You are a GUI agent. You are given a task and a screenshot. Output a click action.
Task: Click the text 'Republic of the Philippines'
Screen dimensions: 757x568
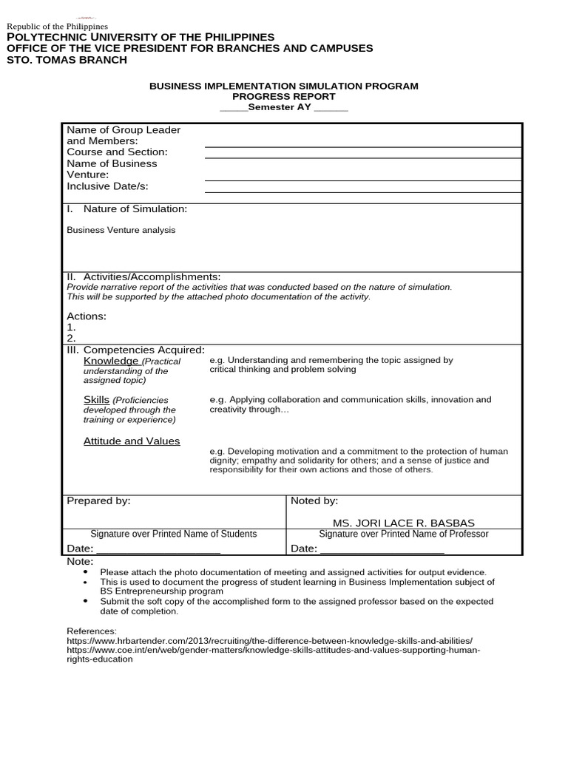click(x=57, y=27)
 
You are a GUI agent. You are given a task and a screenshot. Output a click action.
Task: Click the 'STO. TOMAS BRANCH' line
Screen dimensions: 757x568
click(x=67, y=60)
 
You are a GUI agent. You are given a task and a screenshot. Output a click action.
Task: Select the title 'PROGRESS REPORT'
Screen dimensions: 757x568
click(x=283, y=97)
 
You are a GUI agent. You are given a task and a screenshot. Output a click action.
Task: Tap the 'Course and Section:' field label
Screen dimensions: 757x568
click(x=117, y=152)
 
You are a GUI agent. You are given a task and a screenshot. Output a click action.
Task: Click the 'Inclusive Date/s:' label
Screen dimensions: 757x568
click(x=112, y=186)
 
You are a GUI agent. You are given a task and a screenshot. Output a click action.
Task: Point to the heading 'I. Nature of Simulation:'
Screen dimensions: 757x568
click(x=127, y=209)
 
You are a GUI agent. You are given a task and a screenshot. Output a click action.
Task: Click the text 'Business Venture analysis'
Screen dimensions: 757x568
click(x=121, y=230)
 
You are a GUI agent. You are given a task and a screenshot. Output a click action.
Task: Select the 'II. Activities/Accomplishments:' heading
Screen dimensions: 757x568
click(x=143, y=276)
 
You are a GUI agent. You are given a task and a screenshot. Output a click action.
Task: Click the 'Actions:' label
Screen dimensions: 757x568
click(x=87, y=316)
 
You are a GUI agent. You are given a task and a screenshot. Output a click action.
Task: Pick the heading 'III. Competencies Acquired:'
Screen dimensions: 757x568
click(x=135, y=350)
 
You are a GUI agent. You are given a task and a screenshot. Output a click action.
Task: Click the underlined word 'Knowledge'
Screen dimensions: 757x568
click(x=110, y=361)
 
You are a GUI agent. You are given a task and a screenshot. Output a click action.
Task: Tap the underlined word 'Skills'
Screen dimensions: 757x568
click(x=96, y=400)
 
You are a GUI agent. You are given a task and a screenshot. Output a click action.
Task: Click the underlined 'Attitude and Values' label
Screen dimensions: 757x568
click(x=132, y=441)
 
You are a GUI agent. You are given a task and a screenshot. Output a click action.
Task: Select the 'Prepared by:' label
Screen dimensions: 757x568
click(x=98, y=501)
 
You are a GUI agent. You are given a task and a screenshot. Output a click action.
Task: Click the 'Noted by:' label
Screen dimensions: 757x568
click(x=314, y=501)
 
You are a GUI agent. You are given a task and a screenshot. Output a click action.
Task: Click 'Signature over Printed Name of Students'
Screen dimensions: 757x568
click(x=173, y=534)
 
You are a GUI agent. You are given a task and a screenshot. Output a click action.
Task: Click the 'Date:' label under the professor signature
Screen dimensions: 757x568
click(x=304, y=549)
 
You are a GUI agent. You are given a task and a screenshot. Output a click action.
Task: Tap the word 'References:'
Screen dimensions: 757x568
click(x=92, y=631)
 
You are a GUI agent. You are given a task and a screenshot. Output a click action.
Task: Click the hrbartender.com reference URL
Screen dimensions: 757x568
click(x=269, y=640)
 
